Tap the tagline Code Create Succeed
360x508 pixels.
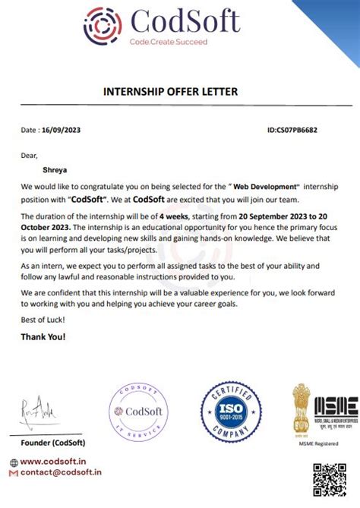click(x=168, y=42)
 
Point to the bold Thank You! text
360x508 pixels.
click(x=43, y=336)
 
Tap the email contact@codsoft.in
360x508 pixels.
click(x=62, y=472)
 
